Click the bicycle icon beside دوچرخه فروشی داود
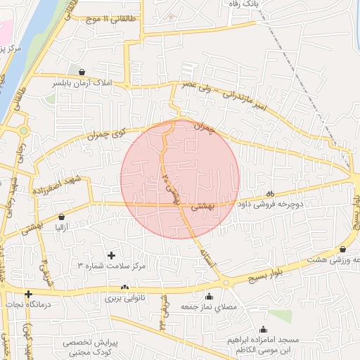(270, 194)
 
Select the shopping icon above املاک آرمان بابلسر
(82, 72)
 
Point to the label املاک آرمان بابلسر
(82, 83)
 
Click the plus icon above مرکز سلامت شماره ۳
(110, 255)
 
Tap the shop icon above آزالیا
(62, 217)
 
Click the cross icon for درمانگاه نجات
(28, 294)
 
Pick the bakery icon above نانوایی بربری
(125, 287)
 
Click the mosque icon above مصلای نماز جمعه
(209, 297)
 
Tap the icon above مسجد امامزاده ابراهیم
(264, 329)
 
